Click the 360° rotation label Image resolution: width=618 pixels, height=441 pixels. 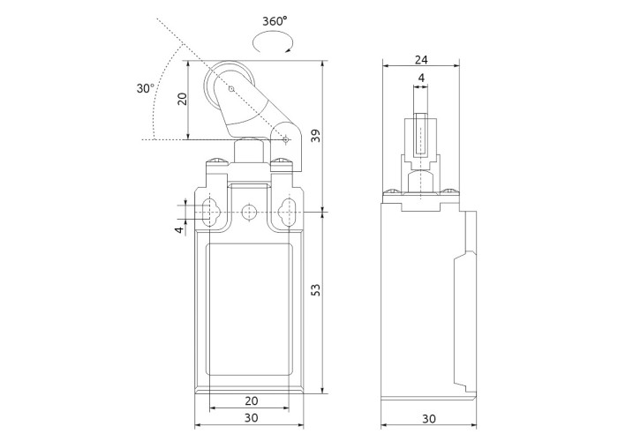pos(275,21)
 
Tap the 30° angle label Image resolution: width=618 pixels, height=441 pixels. pos(146,88)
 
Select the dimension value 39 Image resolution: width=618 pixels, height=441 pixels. pos(316,136)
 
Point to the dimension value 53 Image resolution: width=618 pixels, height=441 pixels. pos(316,289)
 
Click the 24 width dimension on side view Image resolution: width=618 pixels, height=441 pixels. pos(421,60)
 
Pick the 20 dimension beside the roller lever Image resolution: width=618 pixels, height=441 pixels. pos(182,99)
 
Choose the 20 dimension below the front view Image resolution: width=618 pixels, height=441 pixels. pos(251,400)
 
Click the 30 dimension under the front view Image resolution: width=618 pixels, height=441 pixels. pos(251,418)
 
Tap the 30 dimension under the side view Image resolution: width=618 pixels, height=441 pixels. pos(428,419)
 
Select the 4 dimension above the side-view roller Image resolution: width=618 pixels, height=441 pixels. pos(421,78)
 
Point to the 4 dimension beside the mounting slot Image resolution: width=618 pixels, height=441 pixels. pos(180,229)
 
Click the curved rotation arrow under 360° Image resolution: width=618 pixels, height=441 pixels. pos(273,42)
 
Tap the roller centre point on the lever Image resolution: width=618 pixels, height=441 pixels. pos(231,89)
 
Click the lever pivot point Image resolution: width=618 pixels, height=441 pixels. pos(286,139)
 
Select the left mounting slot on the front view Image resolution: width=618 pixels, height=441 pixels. pos(210,213)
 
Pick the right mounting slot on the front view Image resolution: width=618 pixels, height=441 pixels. pos(289,213)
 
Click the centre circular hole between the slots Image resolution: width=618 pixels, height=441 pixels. pos(249,213)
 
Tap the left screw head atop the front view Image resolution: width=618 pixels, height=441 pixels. pos(217,161)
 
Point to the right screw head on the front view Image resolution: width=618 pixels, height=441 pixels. pos(281,161)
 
